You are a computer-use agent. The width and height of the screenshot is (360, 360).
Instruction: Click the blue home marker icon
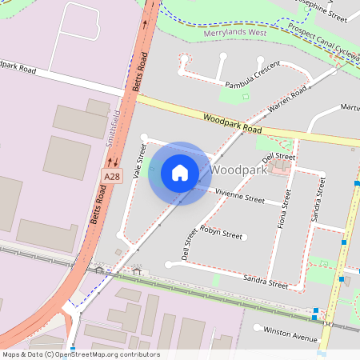pos(180,173)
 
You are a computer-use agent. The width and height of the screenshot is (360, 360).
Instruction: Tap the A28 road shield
pos(111,176)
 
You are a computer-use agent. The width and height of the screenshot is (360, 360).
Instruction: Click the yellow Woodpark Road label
pos(232,123)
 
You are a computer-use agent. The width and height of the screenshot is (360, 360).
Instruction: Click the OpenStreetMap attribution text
pos(81,354)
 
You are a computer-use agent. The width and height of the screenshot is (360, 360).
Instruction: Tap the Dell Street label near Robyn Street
pos(189,244)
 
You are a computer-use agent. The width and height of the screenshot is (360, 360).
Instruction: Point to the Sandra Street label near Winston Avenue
pos(266,282)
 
